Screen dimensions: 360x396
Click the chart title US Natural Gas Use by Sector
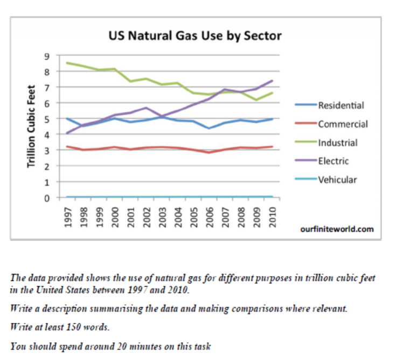coord(195,36)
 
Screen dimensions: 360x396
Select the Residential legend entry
coord(341,105)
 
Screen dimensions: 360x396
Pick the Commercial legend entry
coord(343,124)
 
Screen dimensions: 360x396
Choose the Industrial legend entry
coord(338,143)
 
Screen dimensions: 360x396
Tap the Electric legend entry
coord(333,161)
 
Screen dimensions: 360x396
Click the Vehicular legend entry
coord(337,179)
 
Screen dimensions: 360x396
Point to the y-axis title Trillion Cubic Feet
coord(31,126)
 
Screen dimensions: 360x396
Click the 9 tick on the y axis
coord(47,56)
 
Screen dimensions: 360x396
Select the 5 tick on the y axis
coord(47,119)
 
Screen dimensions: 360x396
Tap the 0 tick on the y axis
coord(47,198)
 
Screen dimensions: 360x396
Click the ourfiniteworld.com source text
coord(336,229)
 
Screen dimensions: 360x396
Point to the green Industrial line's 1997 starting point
coord(66,63)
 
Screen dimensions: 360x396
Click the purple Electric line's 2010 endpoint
coord(273,81)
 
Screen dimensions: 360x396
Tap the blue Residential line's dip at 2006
coord(210,128)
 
